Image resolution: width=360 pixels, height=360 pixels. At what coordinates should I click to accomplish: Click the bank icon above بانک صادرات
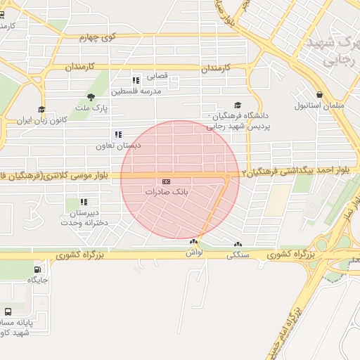(x=166, y=181)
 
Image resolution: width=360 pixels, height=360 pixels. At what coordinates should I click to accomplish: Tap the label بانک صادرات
(x=167, y=191)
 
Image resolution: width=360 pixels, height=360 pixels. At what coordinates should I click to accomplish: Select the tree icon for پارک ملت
(x=91, y=97)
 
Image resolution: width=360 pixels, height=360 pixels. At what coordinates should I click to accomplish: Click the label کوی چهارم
(x=97, y=37)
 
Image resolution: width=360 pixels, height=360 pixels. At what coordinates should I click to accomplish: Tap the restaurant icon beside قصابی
(x=136, y=79)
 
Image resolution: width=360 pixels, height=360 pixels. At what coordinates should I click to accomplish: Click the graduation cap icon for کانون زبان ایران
(x=41, y=109)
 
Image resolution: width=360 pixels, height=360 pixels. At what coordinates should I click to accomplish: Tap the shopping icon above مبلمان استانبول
(x=319, y=94)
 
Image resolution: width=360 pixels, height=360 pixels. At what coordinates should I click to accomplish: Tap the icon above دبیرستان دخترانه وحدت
(x=84, y=202)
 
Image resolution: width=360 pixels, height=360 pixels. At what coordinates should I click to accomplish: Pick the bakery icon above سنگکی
(x=237, y=245)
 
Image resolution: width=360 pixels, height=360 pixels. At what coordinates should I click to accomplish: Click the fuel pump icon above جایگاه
(x=37, y=269)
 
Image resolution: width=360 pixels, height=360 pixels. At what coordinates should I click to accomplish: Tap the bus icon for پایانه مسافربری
(x=8, y=311)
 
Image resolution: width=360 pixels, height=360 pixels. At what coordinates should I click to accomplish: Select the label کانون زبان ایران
(x=63, y=120)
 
